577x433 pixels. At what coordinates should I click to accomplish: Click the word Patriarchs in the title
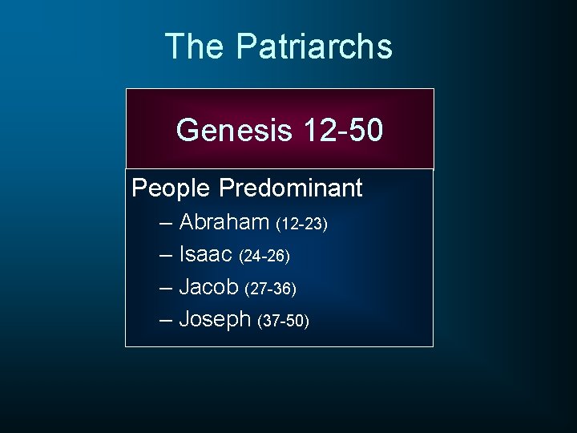pyautogui.click(x=314, y=47)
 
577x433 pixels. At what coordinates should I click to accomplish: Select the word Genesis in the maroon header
pyautogui.click(x=235, y=129)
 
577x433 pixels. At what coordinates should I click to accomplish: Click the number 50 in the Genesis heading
pyautogui.click(x=365, y=129)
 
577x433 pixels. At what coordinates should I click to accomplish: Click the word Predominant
pyautogui.click(x=291, y=188)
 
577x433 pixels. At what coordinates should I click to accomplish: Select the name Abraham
pyautogui.click(x=224, y=221)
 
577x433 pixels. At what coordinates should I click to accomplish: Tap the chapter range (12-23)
pyautogui.click(x=301, y=224)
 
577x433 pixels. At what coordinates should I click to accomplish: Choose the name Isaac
pyautogui.click(x=205, y=254)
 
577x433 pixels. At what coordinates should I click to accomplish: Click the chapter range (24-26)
pyautogui.click(x=264, y=257)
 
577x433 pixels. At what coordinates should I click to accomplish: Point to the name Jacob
pyautogui.click(x=209, y=286)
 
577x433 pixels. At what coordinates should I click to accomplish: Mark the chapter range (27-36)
pyautogui.click(x=271, y=289)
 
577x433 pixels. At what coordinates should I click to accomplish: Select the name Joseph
pyautogui.click(x=215, y=319)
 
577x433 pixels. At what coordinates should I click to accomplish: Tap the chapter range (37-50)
pyautogui.click(x=283, y=322)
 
